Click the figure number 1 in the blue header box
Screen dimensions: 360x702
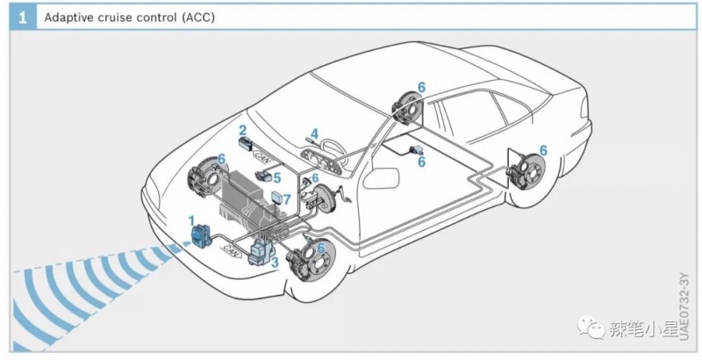[x=18, y=17]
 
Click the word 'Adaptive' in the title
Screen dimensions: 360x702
[x=70, y=17]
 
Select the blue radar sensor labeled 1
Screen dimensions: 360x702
[x=200, y=236]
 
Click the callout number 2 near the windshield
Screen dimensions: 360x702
[x=242, y=129]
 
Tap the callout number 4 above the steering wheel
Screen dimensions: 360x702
[x=313, y=133]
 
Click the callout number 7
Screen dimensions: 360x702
[x=286, y=200]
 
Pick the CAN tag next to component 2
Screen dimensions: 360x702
[x=261, y=154]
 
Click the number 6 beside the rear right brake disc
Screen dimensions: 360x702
[x=542, y=150]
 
